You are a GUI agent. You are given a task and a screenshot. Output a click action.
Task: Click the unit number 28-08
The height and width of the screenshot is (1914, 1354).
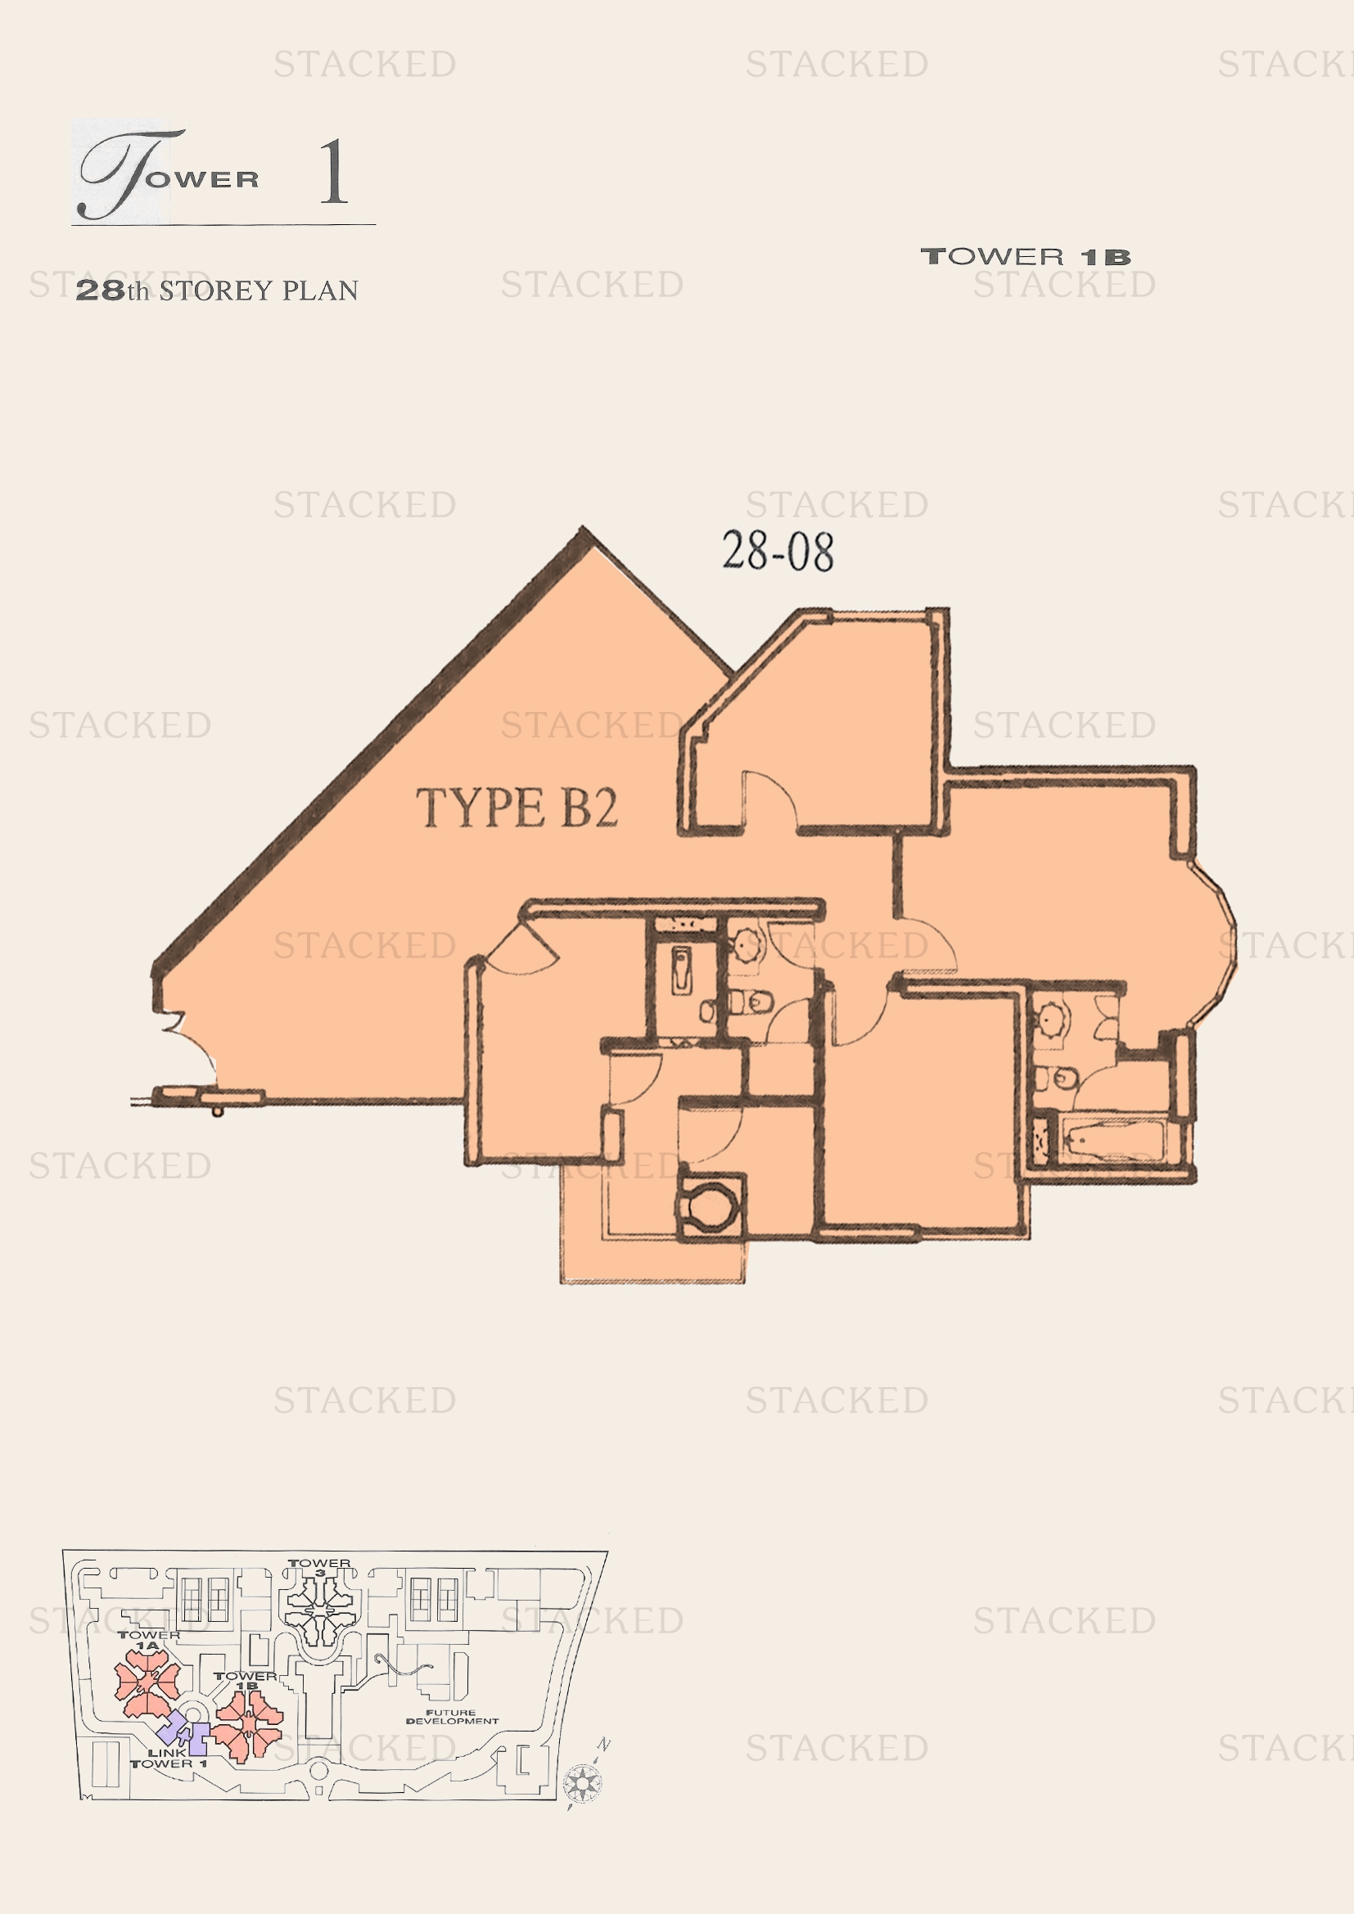point(777,551)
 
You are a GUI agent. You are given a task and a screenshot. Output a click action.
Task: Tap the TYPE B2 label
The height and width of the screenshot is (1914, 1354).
point(516,808)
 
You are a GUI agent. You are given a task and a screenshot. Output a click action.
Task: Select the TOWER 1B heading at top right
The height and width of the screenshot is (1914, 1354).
point(1025,257)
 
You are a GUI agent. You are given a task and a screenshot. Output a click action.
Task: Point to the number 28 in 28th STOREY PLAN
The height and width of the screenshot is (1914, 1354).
point(100,290)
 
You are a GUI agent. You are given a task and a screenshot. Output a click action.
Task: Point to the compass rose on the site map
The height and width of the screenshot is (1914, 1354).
point(581,1784)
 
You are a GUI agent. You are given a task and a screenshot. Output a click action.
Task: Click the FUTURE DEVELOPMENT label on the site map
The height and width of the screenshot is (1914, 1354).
point(451,1717)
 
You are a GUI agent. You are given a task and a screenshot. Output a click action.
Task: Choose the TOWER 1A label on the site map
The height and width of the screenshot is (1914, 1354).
point(148,1640)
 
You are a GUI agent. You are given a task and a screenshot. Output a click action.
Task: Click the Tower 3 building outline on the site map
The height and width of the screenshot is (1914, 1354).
point(320,1610)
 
